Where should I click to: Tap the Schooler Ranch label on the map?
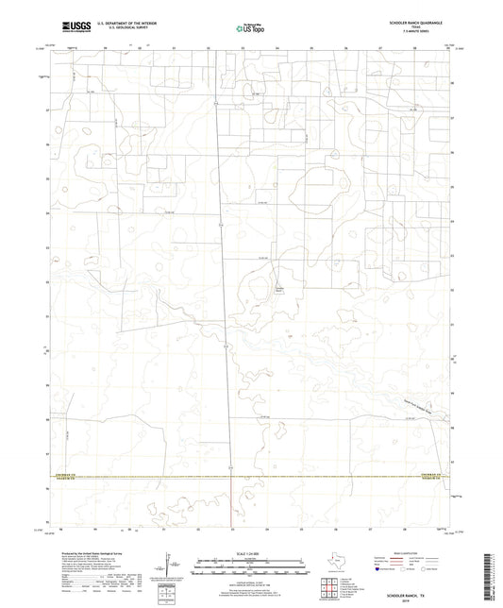(278, 289)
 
